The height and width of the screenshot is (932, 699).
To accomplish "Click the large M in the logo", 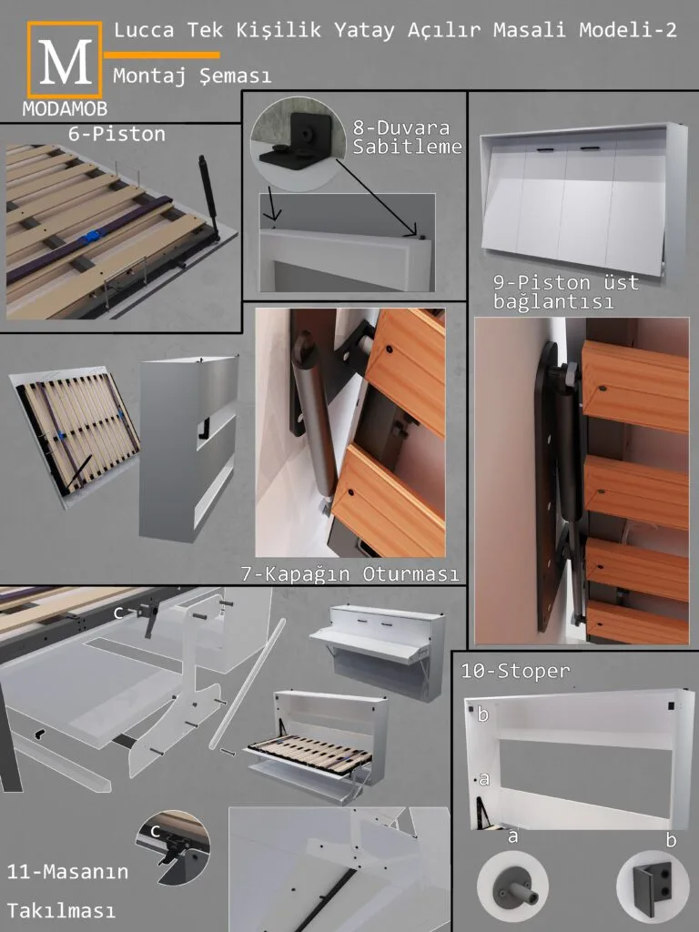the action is pos(66,62).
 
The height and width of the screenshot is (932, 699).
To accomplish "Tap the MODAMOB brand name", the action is pos(65,108).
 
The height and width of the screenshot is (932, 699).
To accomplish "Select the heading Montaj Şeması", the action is pos(192,76).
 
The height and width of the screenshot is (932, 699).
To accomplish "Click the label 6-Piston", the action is pos(116,134).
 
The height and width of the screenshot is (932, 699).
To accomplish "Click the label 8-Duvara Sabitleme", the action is pos(407,137).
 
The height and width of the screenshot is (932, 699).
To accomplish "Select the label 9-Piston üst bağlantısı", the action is pos(565,291).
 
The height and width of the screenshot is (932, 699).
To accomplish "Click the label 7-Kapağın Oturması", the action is pos(350,573).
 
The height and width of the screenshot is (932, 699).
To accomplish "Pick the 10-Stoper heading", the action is pos(515,671).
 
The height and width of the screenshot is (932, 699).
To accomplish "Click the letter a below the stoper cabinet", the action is pos(512,836).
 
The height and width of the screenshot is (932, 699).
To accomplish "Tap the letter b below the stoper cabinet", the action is pos(671,839).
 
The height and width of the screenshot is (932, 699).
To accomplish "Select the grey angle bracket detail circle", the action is pos(652,886).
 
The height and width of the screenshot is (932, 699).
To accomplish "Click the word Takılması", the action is pos(61,910).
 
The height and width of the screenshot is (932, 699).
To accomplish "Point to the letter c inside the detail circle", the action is pos(156,830).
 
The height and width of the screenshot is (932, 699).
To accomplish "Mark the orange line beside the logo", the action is pos(162,56).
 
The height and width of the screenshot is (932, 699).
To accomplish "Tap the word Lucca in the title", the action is pos(144,30).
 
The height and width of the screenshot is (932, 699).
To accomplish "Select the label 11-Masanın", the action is pos(67,872).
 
